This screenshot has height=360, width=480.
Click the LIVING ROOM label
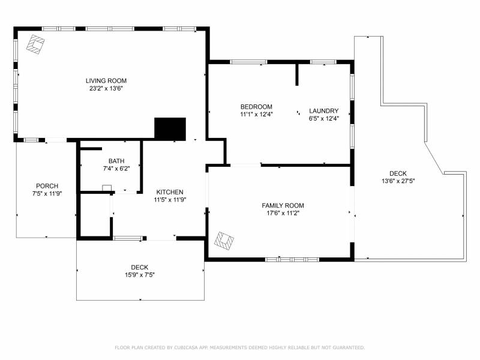106,81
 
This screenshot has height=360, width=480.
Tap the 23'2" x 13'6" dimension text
106,89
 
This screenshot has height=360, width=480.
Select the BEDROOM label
256,107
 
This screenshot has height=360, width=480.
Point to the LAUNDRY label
323,111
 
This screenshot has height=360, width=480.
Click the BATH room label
116,161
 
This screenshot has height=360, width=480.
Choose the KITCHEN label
170,192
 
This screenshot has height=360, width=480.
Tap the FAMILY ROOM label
283,206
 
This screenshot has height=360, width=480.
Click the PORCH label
47,186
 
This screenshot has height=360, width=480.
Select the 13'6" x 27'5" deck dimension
398,181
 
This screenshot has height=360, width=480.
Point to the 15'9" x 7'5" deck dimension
140,275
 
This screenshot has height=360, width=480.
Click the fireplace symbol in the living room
35,44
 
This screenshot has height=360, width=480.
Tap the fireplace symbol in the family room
224,241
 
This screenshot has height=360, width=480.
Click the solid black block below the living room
170,129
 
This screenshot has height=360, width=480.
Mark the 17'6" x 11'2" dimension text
283,214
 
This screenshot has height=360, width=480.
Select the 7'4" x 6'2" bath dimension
116,169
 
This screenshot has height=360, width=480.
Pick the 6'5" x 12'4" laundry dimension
324,119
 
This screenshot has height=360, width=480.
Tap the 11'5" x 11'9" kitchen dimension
170,200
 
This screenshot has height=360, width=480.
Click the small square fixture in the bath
107,188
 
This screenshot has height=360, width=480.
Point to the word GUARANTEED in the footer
349,347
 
